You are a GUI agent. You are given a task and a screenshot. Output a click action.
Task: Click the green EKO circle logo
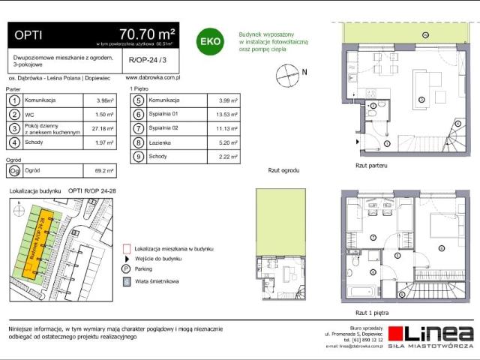[208, 42]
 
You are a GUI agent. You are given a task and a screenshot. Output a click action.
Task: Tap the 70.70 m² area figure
[147, 34]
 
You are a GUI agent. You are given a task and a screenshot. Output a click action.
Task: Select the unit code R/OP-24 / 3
[143, 59]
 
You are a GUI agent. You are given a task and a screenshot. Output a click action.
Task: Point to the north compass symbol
[286, 73]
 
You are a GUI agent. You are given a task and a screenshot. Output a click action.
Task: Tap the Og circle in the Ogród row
[13, 170]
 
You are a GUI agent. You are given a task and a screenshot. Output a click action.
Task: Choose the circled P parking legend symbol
[126, 268]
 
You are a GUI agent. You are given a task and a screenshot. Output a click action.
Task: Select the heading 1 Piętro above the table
[139, 88]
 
